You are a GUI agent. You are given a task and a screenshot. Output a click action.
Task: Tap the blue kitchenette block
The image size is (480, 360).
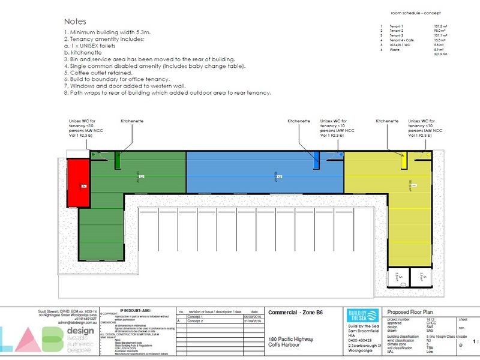click(x=317, y=160)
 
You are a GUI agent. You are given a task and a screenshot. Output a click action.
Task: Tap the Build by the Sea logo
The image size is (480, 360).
click(x=362, y=316)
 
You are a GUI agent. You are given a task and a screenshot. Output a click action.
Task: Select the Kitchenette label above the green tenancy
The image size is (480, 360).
click(x=131, y=121)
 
